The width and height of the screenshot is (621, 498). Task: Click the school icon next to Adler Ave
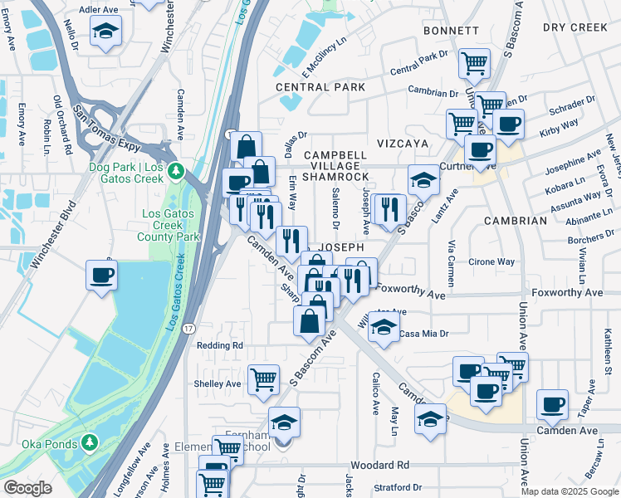pyautogui.click(x=105, y=32)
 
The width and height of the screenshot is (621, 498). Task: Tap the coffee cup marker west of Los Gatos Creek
pyautogui.click(x=102, y=276)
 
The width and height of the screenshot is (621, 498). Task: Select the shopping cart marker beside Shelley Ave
pyautogui.click(x=263, y=379)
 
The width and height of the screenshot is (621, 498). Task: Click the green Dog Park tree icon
pyautogui.click(x=175, y=172)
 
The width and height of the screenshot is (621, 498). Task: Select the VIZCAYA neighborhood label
pyautogui.click(x=403, y=144)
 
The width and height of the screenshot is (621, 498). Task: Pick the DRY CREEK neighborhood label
pyautogui.click(x=575, y=27)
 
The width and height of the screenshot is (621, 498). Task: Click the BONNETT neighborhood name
pyautogui.click(x=451, y=31)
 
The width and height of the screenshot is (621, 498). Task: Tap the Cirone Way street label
pyautogui.click(x=491, y=261)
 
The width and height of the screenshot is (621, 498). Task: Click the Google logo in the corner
pyautogui.click(x=27, y=488)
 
